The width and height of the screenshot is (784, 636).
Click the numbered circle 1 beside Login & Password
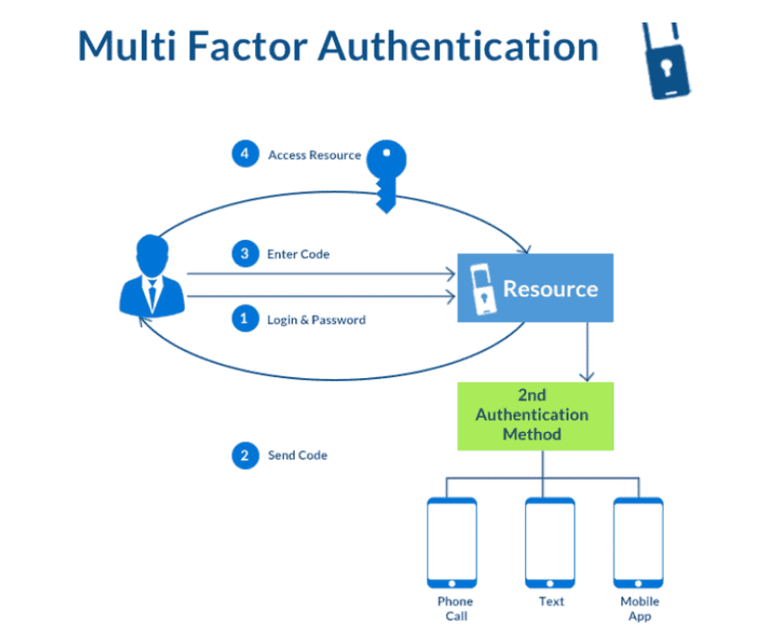[x=244, y=319]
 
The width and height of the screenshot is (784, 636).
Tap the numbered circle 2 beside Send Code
[x=244, y=455]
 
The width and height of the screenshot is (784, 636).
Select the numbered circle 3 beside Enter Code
[x=244, y=254]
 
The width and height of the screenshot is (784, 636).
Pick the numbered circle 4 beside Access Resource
[x=244, y=155]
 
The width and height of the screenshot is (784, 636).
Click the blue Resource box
[x=535, y=287]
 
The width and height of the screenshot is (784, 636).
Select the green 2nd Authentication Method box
[x=535, y=416]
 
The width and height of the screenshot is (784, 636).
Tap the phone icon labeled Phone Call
[x=452, y=542]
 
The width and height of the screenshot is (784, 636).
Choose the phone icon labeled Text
[x=550, y=542]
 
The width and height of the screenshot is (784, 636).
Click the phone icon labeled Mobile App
[x=639, y=542]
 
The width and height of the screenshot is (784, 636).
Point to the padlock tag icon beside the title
[x=667, y=62]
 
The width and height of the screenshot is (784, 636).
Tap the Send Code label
[x=297, y=455]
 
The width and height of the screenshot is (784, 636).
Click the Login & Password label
[x=316, y=320]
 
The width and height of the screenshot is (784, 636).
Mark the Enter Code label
[x=298, y=254]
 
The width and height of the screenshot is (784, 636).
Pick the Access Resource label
[x=314, y=155]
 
